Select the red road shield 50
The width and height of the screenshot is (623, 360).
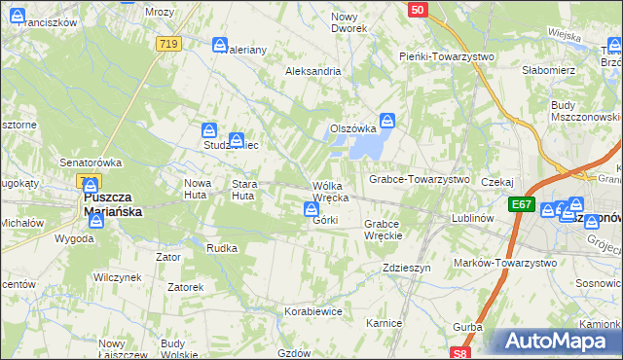point(417,9)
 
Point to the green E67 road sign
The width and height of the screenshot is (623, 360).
point(521,204)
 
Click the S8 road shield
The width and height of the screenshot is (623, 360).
point(461,353)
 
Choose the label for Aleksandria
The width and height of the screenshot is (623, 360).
point(312,71)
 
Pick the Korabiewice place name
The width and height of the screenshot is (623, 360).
point(312,311)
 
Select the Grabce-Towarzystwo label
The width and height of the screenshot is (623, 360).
point(419,179)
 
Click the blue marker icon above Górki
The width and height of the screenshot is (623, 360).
point(311,208)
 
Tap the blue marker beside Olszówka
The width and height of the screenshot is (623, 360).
point(387,122)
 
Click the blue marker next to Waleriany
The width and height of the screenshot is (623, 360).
point(220,45)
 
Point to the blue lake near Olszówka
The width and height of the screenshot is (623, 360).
point(362,146)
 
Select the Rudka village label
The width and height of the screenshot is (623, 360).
point(222,248)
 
